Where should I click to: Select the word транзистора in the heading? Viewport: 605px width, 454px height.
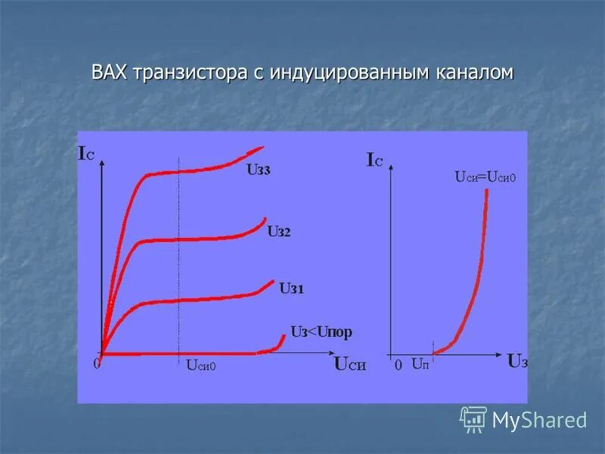(188, 73)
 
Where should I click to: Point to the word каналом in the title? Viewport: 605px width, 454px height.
(474, 73)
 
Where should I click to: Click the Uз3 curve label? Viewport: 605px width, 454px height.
(258, 170)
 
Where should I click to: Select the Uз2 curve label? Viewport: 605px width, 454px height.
(278, 232)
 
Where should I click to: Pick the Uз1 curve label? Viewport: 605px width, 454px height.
(291, 288)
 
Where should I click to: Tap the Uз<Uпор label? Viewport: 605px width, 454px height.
(321, 332)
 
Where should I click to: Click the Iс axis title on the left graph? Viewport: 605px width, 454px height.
(86, 154)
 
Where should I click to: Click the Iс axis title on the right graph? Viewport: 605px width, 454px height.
(374, 160)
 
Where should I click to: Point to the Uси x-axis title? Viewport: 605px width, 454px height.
(349, 364)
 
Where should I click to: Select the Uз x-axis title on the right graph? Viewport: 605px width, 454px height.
(517, 361)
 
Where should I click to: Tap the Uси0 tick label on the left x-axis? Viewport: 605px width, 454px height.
(200, 365)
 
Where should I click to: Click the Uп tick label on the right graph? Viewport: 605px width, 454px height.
(420, 365)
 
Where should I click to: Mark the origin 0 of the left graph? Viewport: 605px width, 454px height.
(96, 363)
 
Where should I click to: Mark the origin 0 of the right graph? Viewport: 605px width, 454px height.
(398, 365)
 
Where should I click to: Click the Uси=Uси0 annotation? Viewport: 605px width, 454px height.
(485, 177)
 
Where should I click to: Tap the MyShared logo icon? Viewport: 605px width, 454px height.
(473, 418)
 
